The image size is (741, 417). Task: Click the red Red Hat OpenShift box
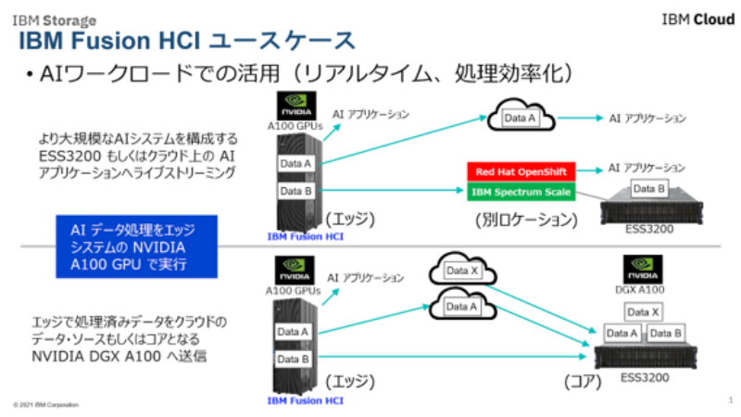(521, 172)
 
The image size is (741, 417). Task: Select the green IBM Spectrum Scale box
(521, 192)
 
